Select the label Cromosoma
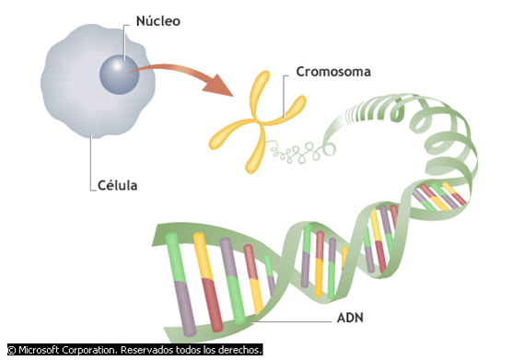coord(333,71)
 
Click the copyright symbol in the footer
coord(11,350)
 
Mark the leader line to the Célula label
coord(91,166)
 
